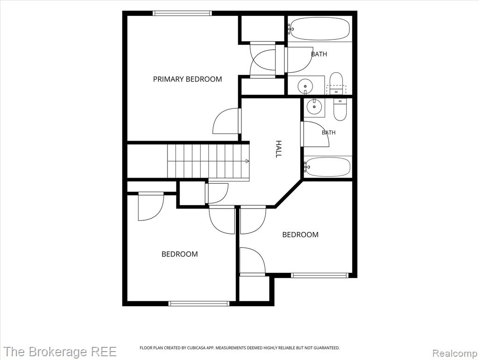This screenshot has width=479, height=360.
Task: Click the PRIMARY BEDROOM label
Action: [187, 79]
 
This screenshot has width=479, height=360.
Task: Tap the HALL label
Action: [278, 149]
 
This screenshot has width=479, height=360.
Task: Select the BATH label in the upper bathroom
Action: [319, 54]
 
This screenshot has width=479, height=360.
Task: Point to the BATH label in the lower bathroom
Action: [328, 132]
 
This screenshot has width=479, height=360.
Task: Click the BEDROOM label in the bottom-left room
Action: [180, 254]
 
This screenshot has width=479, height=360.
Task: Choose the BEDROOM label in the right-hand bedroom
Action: [300, 234]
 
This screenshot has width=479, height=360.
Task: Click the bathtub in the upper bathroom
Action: [319, 29]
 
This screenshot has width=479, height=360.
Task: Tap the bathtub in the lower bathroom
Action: [327, 167]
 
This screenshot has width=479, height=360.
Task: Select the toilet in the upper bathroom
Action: [336, 83]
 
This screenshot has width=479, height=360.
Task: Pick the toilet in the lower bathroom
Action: [340, 109]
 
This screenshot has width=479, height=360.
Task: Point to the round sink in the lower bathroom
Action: [314, 106]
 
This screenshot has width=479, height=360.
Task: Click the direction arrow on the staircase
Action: [247, 161]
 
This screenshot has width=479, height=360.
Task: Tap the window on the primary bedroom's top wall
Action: [182, 13]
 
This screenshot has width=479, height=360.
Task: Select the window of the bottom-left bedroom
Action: [199, 303]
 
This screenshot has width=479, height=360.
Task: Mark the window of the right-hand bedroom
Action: [319, 275]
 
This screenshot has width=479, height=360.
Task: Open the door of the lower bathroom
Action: [315, 134]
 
